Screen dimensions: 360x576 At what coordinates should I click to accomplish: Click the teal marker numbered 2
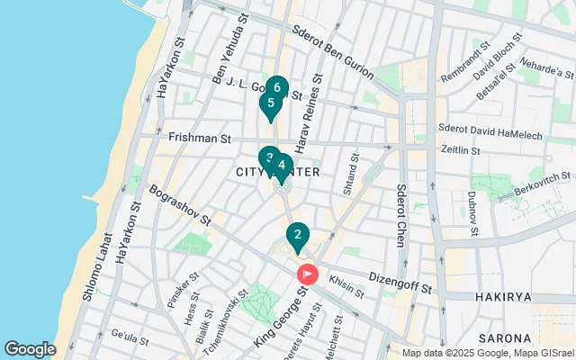click(298, 236)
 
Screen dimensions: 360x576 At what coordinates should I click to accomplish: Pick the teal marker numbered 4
click(283, 166)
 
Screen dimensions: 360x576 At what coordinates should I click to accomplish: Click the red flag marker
click(308, 273)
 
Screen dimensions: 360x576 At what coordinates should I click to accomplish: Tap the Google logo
click(31, 348)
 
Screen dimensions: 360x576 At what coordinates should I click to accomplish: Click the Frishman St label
click(200, 139)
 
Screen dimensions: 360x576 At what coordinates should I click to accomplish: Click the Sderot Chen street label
click(401, 216)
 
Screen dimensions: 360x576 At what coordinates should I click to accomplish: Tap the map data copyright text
click(487, 353)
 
